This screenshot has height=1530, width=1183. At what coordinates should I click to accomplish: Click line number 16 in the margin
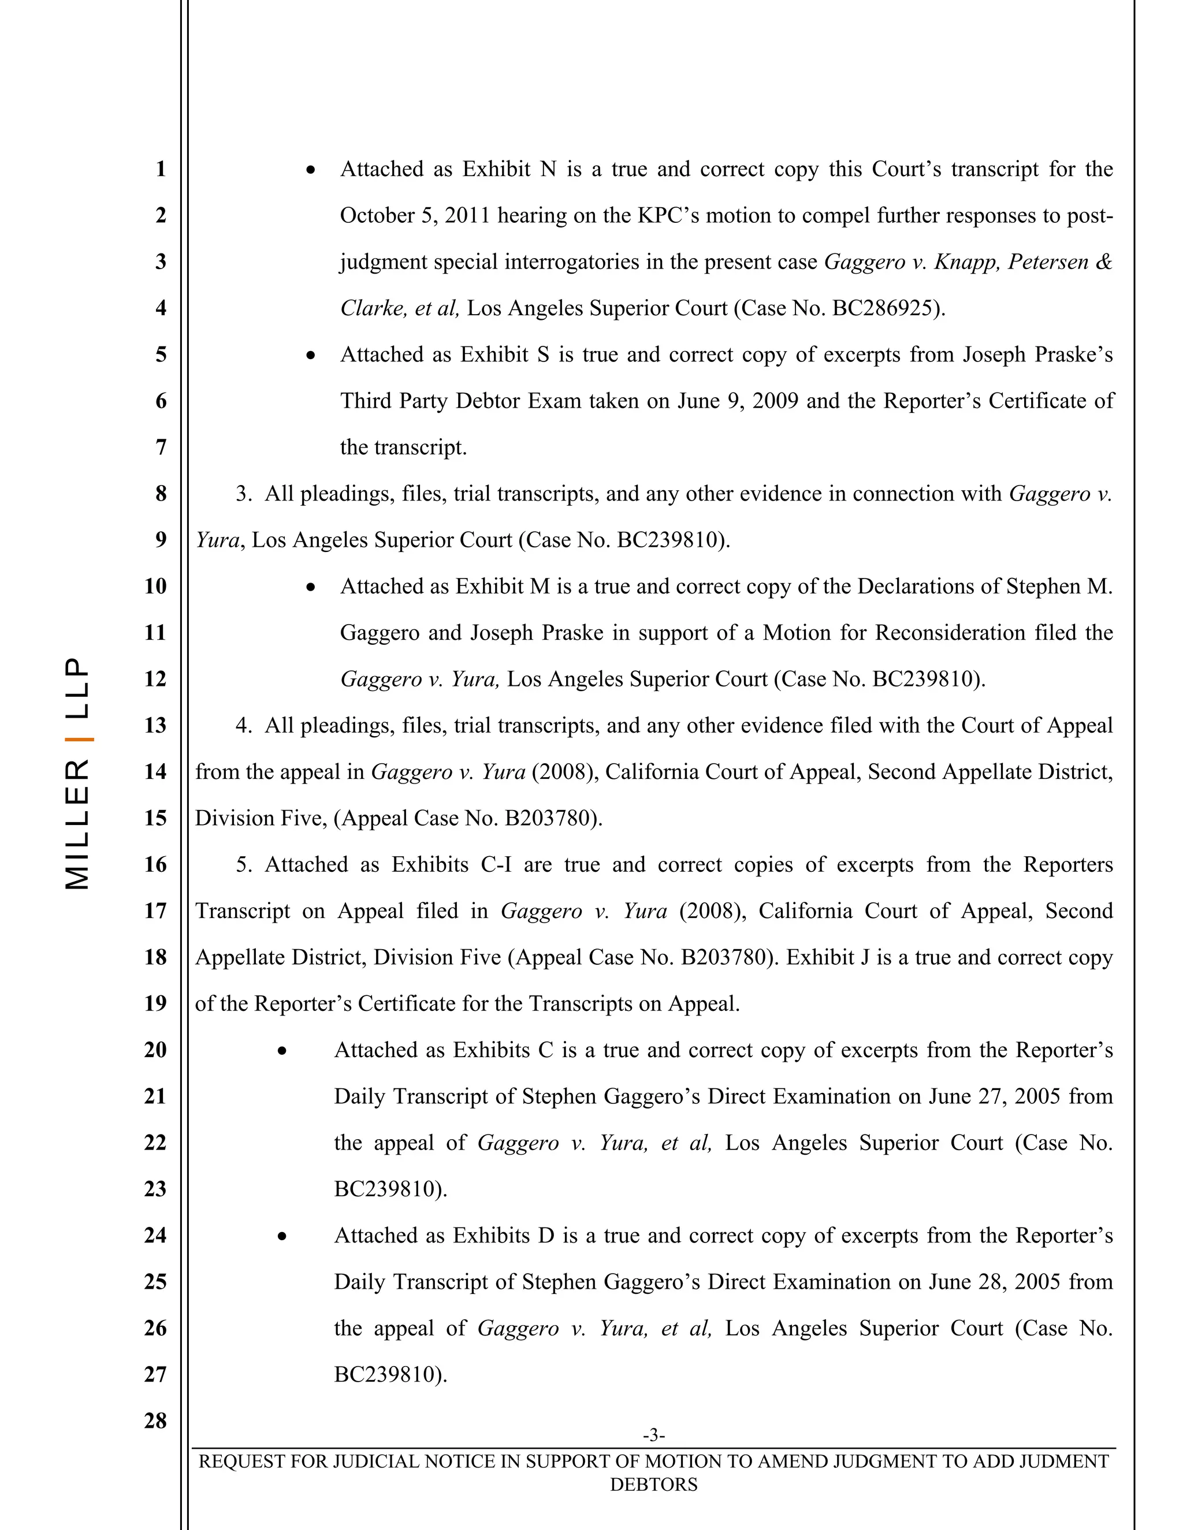point(155,864)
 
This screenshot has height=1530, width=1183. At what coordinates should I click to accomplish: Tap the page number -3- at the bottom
point(653,1435)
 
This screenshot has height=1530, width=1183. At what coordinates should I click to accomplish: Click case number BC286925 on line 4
point(884,308)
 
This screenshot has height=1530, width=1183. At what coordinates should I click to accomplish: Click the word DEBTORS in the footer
point(653,1484)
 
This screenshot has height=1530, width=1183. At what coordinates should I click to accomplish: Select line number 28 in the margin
point(155,1421)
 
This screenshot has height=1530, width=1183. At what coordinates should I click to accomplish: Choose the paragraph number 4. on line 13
point(243,726)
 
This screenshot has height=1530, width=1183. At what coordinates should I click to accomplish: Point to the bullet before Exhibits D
point(282,1237)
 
